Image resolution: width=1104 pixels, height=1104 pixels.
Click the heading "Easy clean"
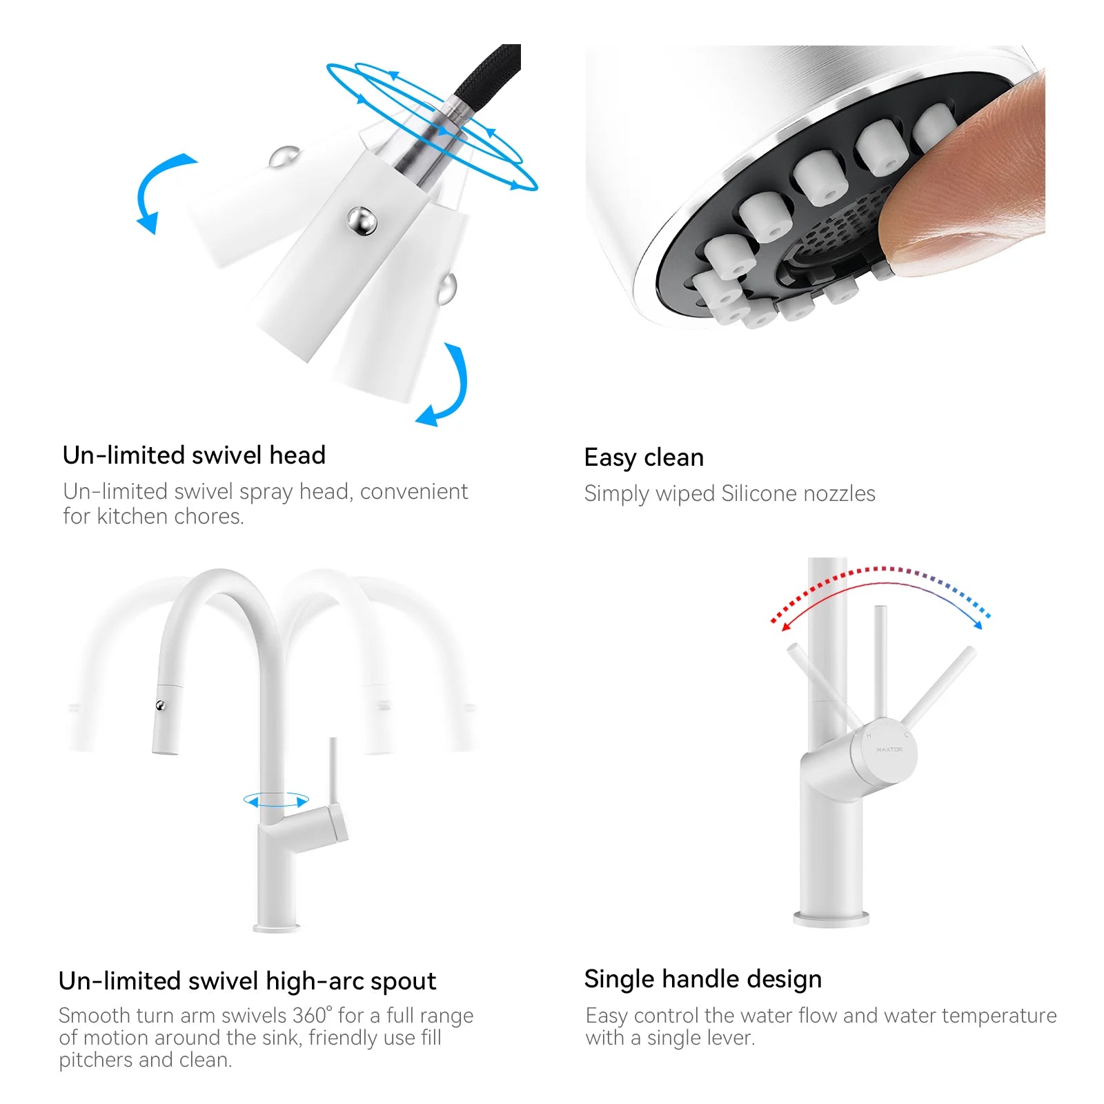click(644, 457)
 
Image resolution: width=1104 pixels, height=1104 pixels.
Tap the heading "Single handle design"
click(702, 979)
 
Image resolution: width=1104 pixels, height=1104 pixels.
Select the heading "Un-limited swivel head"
click(194, 455)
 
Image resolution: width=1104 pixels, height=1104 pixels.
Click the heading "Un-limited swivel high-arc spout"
click(247, 981)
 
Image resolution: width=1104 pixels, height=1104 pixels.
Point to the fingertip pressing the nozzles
click(966, 179)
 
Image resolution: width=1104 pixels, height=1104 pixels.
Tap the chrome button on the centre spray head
click(362, 221)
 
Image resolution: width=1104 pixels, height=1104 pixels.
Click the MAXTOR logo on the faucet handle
click(889, 749)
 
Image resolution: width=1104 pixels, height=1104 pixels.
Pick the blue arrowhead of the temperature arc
click(977, 624)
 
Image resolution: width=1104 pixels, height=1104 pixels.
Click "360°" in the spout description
click(312, 1016)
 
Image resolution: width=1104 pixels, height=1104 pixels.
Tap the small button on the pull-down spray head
click(161, 705)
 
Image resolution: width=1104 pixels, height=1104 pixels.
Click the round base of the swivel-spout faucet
click(277, 927)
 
